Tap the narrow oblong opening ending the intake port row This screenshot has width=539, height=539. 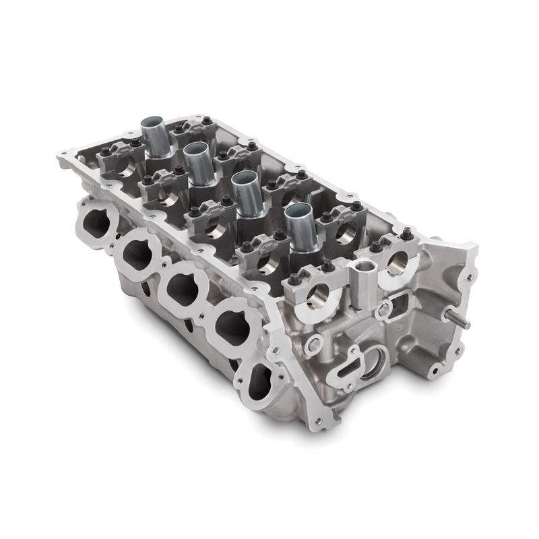pos(257,381)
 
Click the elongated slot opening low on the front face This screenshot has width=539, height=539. pos(349,367)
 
